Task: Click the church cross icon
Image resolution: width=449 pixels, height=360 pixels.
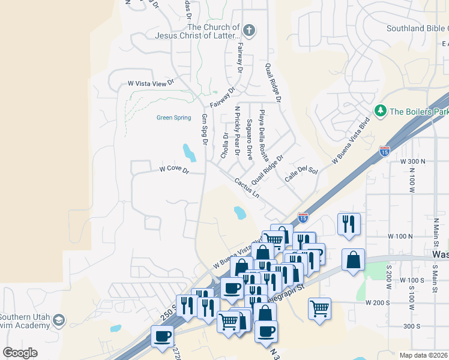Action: pos(250,30)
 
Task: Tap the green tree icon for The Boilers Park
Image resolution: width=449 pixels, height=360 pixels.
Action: pos(380,111)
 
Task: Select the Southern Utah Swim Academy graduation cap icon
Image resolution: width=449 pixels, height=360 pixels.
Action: pos(58,320)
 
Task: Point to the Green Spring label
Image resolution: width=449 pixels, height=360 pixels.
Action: pos(173,118)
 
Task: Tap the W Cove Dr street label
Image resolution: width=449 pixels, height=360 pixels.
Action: pos(174,171)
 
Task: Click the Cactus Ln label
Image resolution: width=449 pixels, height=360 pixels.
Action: pos(247,188)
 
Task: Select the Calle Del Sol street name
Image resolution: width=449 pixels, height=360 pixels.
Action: pos(300,174)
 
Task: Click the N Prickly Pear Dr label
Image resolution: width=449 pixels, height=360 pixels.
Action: pos(238,133)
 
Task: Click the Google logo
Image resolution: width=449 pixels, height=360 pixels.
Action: pos(20,353)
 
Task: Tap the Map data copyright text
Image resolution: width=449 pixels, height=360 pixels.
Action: pos(424,355)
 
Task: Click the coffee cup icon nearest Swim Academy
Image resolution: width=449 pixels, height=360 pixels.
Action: pos(162,337)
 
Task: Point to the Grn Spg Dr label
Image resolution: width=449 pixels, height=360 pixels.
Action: pos(205,129)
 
